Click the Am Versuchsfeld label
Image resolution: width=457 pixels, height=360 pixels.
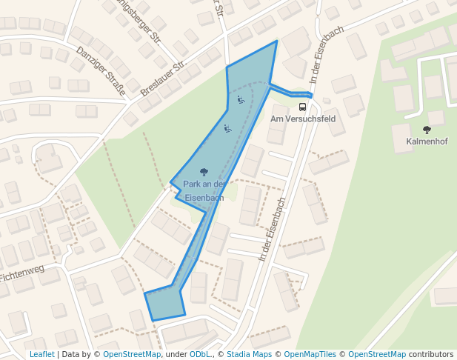coord(303,119)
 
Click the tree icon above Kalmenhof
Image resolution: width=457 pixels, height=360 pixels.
coord(427,130)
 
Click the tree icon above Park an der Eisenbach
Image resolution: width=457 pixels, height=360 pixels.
coord(204,172)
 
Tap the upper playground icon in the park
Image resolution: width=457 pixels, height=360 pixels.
coord(241,99)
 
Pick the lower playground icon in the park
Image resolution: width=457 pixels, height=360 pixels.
coord(227,128)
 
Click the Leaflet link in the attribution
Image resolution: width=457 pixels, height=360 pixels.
coord(41,355)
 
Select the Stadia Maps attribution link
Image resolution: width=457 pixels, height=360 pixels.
coord(247,355)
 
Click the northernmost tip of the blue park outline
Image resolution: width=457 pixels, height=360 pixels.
coord(276,41)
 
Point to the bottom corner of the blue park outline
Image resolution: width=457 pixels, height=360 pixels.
coord(153,320)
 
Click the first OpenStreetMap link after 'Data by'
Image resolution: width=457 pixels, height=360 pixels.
coord(132,355)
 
